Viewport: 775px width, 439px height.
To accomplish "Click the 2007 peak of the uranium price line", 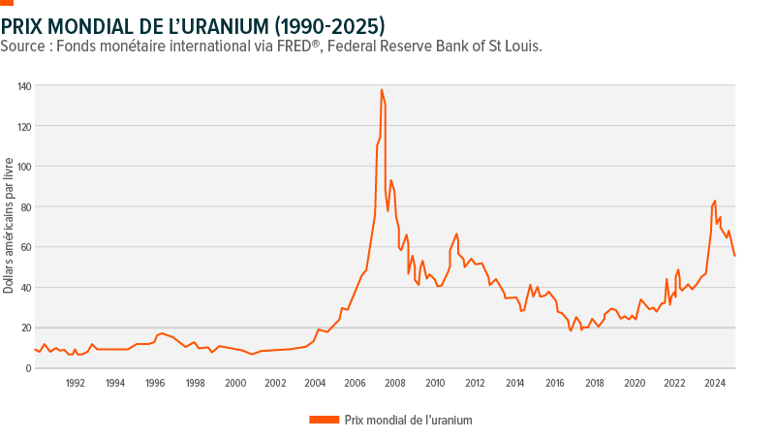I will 382,90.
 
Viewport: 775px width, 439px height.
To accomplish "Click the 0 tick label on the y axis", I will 28,368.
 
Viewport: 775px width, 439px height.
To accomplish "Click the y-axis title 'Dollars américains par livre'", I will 9,227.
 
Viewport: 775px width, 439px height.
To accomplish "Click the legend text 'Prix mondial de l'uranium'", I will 407,420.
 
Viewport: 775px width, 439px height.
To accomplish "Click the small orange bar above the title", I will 7,3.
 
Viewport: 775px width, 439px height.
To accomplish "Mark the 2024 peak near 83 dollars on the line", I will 715,201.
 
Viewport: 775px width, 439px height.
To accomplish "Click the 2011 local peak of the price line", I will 456,234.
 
